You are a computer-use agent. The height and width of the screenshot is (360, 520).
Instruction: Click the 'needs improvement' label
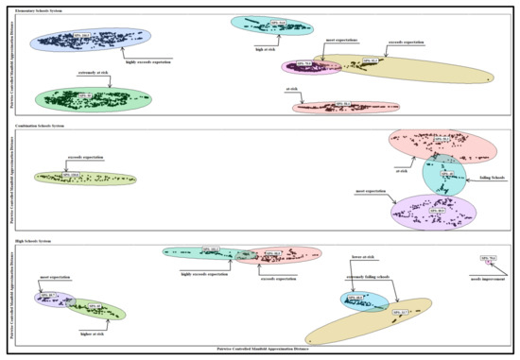tap(487, 278)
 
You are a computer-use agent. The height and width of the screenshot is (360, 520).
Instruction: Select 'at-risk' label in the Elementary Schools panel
tap(293, 90)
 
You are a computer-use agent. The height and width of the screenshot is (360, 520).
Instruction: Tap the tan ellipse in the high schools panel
tap(369, 321)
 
